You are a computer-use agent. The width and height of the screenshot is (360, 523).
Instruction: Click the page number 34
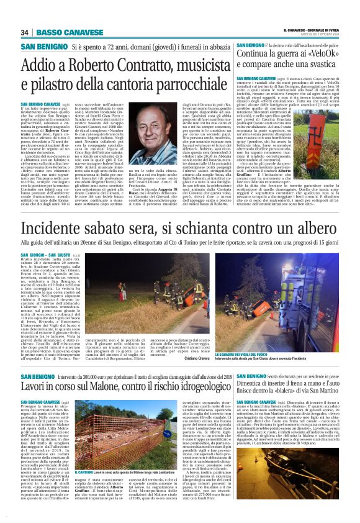click(x=25, y=32)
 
